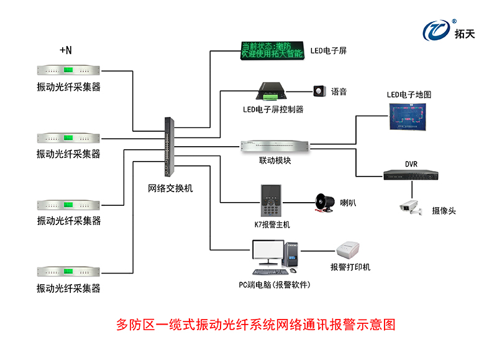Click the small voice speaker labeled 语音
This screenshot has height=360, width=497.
pyautogui.click(x=319, y=91)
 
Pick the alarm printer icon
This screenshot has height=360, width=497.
pyautogui.click(x=350, y=251)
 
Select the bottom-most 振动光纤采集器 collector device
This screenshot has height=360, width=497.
pyautogui.click(x=68, y=272)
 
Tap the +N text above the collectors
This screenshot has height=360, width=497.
pyautogui.click(x=66, y=49)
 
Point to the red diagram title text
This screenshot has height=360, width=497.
pyautogui.click(x=256, y=325)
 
